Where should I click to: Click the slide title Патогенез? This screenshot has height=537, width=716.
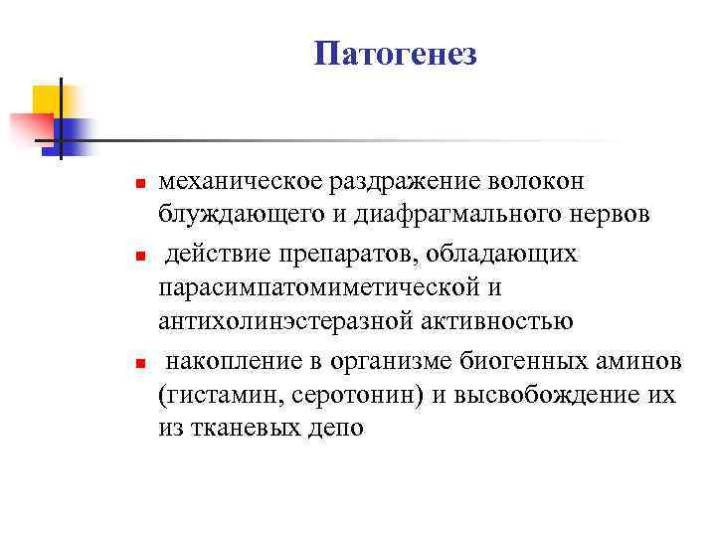click(x=396, y=54)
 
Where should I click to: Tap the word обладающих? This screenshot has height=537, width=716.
click(x=502, y=253)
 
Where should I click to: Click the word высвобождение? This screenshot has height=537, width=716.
click(x=542, y=393)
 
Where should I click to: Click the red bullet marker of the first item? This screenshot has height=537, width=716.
click(x=141, y=185)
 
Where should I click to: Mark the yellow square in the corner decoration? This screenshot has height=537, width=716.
click(x=47, y=99)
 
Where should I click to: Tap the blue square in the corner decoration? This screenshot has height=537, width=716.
click(x=76, y=131)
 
